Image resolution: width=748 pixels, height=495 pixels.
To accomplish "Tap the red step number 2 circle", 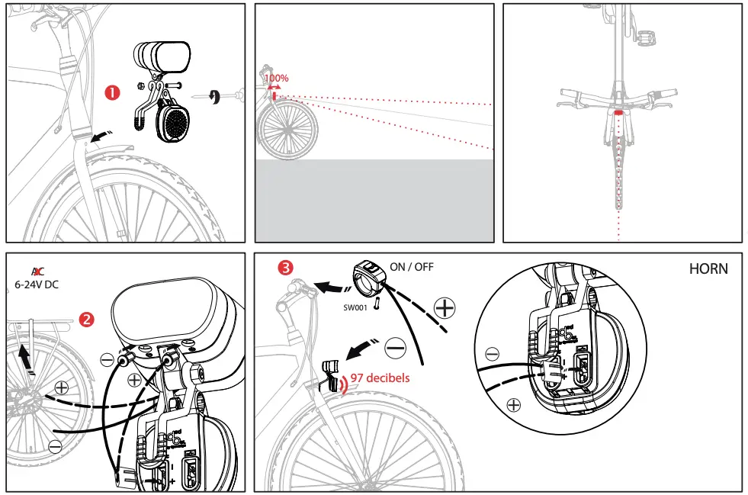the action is pyautogui.click(x=87, y=319).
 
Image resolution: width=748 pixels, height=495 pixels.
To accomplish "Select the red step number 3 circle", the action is pyautogui.click(x=285, y=268).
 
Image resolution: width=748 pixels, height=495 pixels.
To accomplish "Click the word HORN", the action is pyautogui.click(x=708, y=268).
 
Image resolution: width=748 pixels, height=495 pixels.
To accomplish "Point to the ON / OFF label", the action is pyautogui.click(x=411, y=267).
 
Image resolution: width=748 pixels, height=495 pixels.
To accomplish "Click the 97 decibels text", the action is pyautogui.click(x=380, y=378).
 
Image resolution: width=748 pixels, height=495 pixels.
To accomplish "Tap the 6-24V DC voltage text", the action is pyautogui.click(x=37, y=284).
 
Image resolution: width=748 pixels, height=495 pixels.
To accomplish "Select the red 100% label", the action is pyautogui.click(x=276, y=78).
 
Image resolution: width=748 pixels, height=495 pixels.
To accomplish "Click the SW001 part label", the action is pyautogui.click(x=355, y=307).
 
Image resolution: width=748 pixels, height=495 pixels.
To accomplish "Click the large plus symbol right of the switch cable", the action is pyautogui.click(x=443, y=308).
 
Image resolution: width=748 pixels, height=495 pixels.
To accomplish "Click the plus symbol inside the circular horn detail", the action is pyautogui.click(x=513, y=404).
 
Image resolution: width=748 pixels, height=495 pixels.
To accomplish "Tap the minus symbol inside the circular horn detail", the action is pyautogui.click(x=492, y=354).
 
